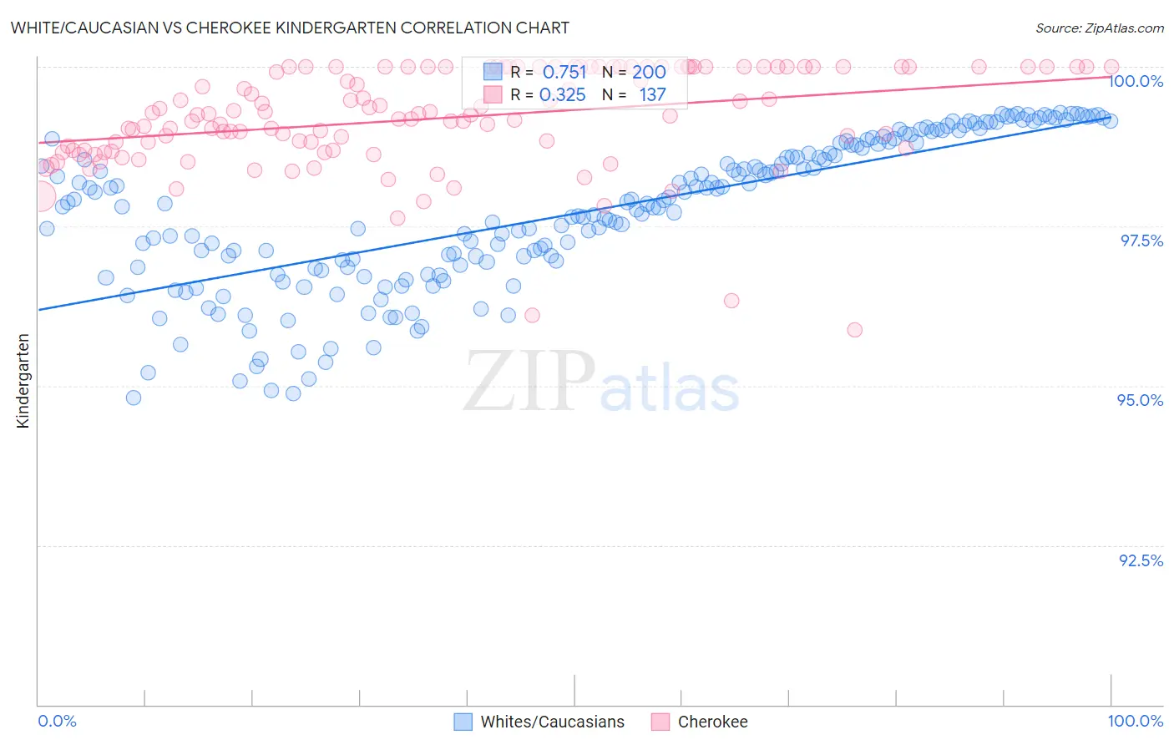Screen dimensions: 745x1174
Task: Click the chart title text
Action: coord(290,28)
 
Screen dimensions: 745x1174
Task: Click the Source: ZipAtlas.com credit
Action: coord(1099,28)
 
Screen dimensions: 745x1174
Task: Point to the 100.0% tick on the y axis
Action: coord(1136,81)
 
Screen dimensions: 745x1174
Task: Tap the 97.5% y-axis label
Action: coord(1141,241)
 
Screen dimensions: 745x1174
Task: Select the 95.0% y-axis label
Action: coord(1141,400)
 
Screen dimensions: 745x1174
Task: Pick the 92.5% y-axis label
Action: coord(1141,560)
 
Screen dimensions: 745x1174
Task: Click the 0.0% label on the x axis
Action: coord(57,721)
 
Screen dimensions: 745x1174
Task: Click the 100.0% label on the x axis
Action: coord(1135,721)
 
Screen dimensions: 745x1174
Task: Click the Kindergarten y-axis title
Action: coord(23,381)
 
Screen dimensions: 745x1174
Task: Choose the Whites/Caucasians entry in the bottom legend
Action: coord(552,722)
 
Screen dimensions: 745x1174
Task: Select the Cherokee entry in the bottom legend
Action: coord(712,722)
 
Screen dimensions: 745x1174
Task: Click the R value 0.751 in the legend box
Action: coord(564,72)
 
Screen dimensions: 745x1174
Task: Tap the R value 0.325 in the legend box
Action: coord(563,94)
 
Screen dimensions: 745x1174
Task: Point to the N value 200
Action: coord(649,72)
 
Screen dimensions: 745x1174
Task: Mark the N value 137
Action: coord(652,94)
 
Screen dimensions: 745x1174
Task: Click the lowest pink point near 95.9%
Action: coord(854,330)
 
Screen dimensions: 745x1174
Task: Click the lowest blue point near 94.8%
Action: coord(134,398)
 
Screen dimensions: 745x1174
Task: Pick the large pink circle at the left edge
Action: coord(38,198)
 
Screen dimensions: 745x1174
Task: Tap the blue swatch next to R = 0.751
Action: coord(493,72)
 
